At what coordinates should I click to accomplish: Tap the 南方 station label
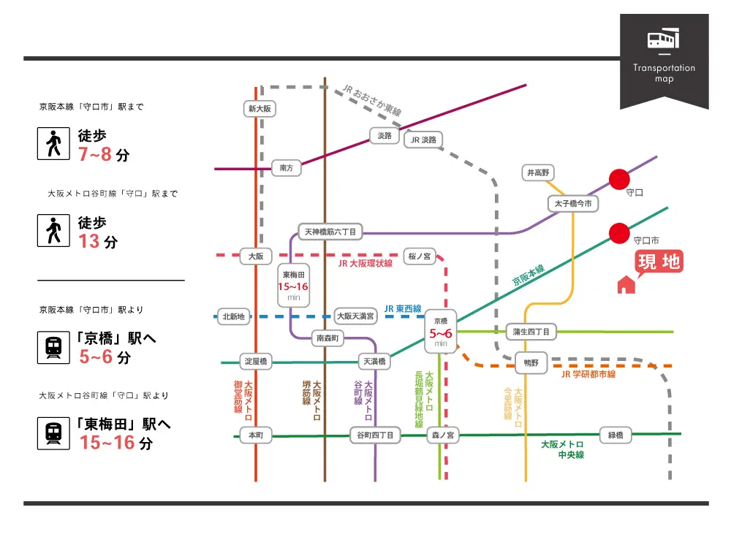286,168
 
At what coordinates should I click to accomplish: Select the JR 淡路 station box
423,140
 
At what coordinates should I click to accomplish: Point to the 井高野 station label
537,173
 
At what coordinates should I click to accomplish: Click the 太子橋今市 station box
573,203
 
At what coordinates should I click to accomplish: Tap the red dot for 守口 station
619,179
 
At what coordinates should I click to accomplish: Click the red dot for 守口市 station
619,233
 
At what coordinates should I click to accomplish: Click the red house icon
626,284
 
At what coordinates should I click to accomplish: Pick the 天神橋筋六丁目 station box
330,232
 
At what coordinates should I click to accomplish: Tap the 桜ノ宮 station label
420,256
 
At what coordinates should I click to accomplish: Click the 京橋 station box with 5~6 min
440,331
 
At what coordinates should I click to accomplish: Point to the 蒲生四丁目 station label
531,332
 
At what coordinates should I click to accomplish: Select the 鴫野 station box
531,362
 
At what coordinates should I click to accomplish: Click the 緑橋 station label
616,435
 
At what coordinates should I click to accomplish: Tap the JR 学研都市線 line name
588,375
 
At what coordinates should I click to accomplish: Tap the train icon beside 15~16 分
53,432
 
